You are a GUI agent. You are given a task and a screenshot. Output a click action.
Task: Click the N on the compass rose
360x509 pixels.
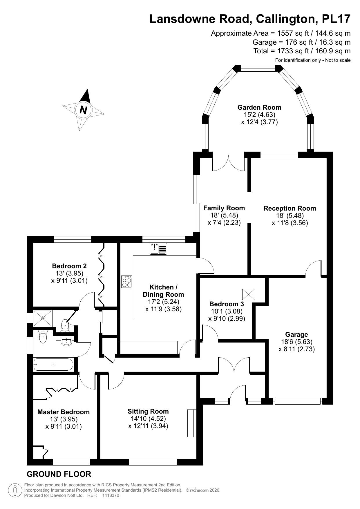point(83,110)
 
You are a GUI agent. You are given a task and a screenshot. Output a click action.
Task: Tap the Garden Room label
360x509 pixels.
point(259,107)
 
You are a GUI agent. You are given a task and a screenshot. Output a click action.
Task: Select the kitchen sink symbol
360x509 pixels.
point(158,249)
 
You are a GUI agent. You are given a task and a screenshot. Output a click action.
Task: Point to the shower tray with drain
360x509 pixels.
point(43,318)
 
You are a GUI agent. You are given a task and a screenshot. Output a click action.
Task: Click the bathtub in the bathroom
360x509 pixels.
point(54,364)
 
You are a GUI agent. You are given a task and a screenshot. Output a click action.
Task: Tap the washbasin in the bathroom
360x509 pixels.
point(67,341)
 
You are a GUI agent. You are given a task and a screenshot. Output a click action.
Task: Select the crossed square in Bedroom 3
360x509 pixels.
point(248,294)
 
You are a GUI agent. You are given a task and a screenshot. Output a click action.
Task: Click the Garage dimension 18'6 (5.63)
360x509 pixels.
point(296,342)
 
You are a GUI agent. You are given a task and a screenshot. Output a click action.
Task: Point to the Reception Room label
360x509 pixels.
point(290,208)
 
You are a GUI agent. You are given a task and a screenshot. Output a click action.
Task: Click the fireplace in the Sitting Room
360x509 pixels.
point(191,423)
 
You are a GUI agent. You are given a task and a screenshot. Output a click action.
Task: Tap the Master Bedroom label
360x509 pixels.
point(64,412)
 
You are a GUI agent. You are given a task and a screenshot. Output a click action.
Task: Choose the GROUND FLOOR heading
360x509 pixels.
point(59,474)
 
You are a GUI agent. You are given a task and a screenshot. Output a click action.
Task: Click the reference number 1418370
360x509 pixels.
point(111,496)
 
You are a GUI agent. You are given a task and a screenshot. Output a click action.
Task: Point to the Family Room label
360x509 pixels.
point(224,208)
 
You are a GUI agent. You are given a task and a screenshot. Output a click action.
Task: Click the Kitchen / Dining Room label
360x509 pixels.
point(163,291)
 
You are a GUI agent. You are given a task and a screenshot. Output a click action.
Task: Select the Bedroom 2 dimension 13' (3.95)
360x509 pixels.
point(69,273)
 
